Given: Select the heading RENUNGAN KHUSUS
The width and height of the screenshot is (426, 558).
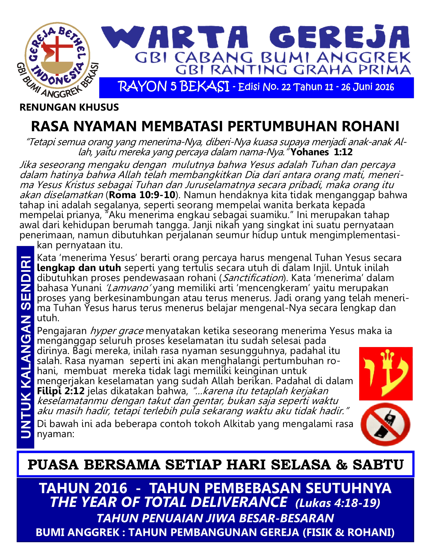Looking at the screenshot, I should coord(69,107).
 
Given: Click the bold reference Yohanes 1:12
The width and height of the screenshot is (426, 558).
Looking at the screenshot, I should coord(321,152).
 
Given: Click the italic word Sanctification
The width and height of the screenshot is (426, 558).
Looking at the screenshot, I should coord(253,278).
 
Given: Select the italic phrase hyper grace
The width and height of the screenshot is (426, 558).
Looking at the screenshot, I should coord(117,331).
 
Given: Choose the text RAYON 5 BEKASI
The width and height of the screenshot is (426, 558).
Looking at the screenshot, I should coord(174,87).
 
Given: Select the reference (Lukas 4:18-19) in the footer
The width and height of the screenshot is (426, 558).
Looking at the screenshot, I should coord(338,503).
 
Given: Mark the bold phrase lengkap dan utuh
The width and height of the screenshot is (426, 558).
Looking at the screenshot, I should coord(79,268).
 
